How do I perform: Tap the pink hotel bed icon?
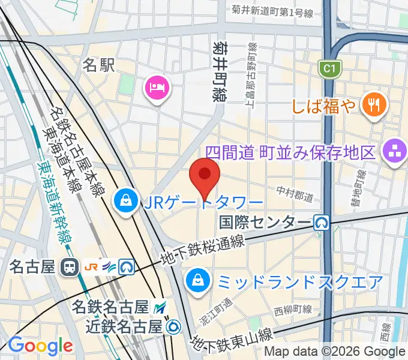157,89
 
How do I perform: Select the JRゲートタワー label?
203,202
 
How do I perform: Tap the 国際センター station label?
265,223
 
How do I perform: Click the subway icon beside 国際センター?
323,223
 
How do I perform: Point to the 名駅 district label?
98,65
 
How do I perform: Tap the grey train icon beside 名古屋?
71,266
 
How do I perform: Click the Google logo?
40,346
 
